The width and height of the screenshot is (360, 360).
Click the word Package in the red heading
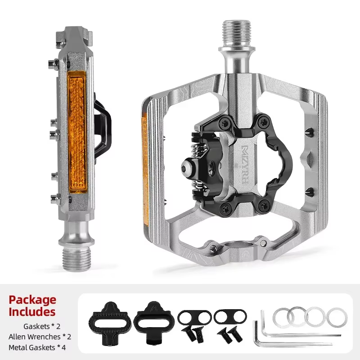click(x=32, y=300)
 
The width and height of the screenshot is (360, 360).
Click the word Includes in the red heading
click(x=32, y=312)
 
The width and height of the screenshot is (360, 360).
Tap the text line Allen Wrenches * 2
click(x=40, y=337)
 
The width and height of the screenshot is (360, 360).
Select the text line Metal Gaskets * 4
click(x=37, y=347)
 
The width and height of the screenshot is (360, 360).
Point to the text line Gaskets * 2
click(x=42, y=326)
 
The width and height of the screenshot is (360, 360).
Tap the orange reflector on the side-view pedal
click(x=77, y=132)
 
